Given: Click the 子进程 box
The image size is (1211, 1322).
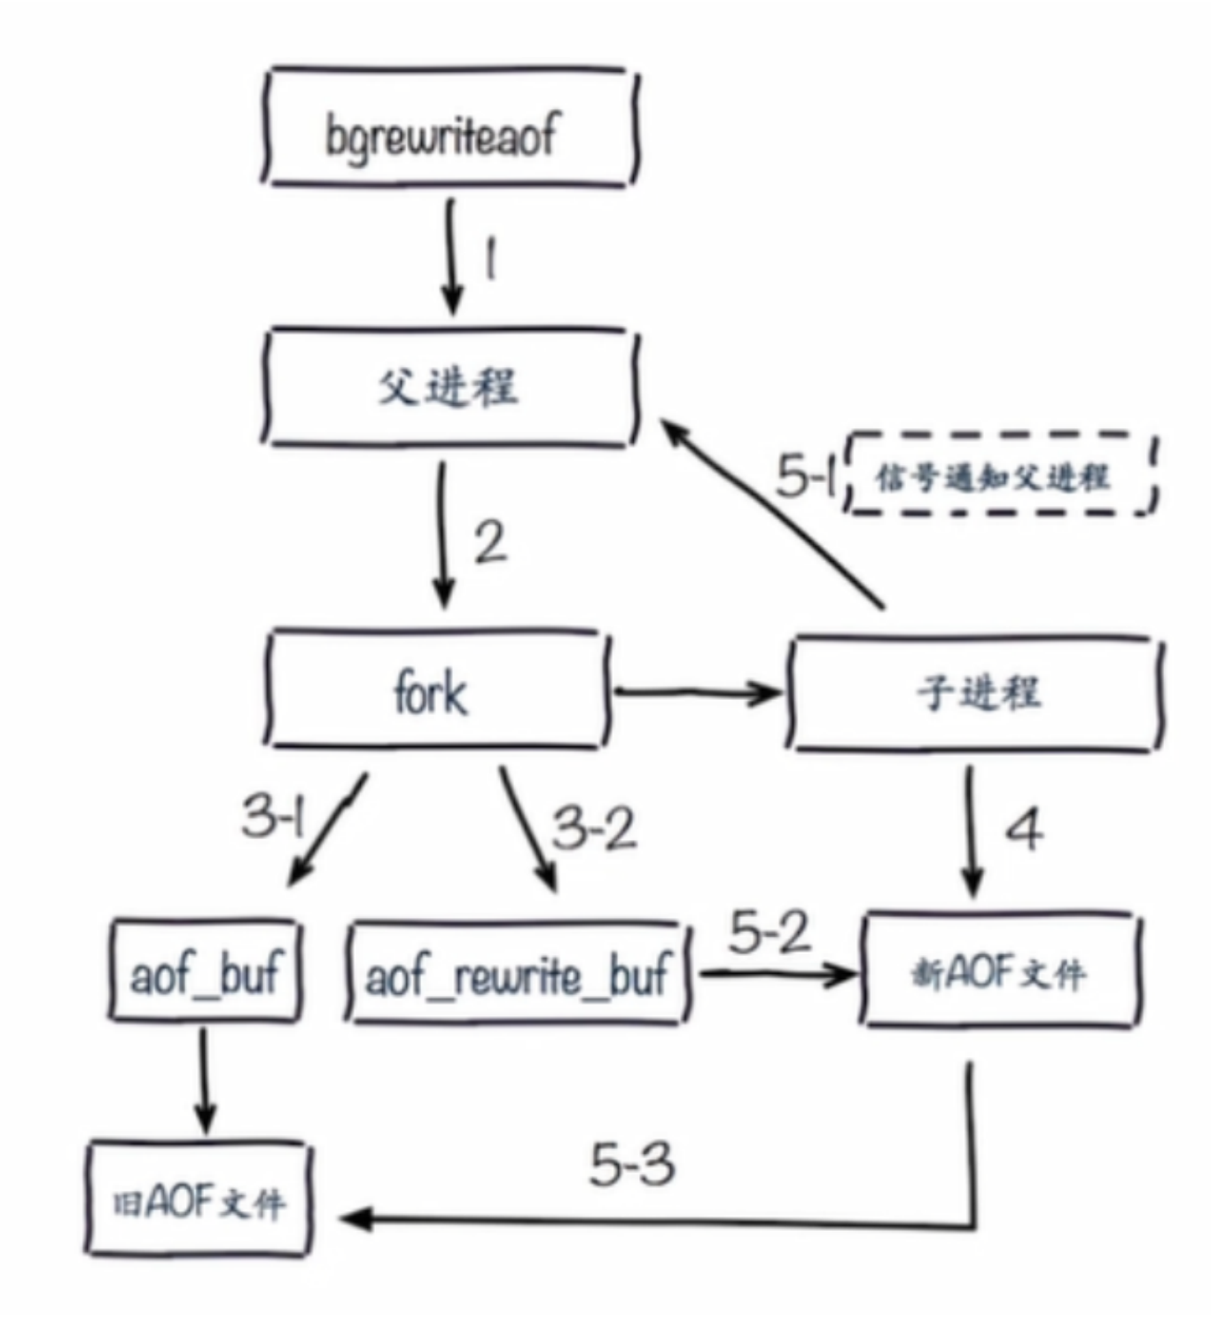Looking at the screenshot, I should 975,693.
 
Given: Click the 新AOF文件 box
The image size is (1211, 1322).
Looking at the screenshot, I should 1000,971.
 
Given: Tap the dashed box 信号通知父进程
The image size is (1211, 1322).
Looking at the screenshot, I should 1002,474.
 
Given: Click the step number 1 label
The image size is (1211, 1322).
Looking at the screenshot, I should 489,261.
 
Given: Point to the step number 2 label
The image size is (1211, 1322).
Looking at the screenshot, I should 490,542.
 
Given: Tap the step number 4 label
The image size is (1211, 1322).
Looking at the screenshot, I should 1024,830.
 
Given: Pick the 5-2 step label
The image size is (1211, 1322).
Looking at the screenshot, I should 770,932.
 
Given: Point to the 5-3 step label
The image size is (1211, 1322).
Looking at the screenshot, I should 631,1164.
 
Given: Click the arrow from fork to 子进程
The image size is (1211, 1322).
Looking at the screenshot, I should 696,692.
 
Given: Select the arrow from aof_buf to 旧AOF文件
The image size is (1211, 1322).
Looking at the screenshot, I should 205,1079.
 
